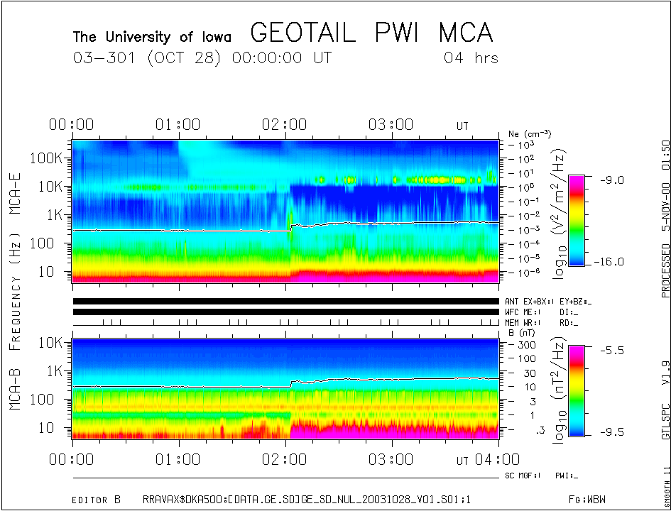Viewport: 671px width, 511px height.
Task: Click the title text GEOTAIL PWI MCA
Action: (x=371, y=33)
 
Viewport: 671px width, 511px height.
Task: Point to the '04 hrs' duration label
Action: (x=471, y=58)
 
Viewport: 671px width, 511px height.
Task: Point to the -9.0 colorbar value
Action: (x=610, y=180)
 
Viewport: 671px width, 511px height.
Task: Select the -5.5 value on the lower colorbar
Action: (x=610, y=351)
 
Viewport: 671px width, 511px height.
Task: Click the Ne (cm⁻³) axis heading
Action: (x=530, y=134)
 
